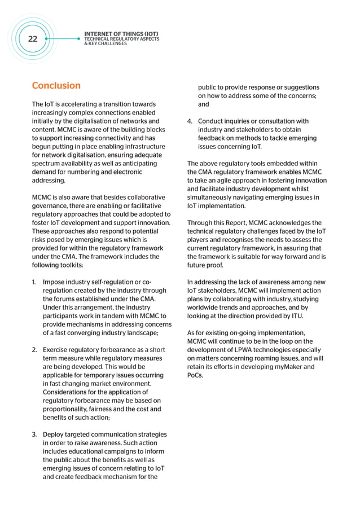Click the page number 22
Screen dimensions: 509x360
coord(32,39)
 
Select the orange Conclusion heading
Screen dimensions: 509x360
coord(56,86)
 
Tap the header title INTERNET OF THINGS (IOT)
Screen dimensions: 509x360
coord(121,34)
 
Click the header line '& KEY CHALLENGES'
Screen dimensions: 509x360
coord(106,44)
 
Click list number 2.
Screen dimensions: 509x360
coord(34,350)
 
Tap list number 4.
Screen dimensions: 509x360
coord(190,121)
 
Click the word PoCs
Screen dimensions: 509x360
coord(195,375)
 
